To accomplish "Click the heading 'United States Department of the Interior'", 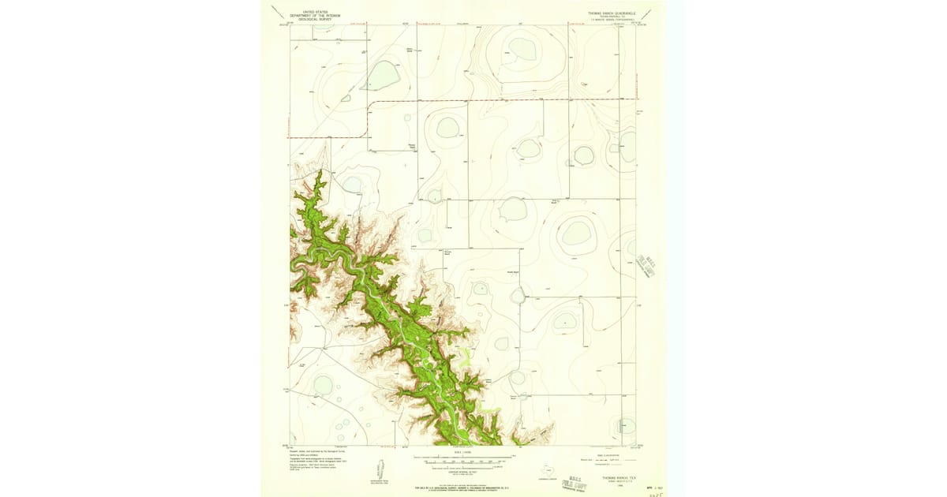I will (x=314, y=14).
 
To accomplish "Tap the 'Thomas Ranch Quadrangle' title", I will (x=612, y=13).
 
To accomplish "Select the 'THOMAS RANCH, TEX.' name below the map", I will (x=619, y=476).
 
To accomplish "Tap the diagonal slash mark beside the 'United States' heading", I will (x=276, y=11).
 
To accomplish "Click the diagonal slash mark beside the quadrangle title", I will (x=648, y=12).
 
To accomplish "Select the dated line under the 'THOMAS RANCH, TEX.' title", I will (x=619, y=482).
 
